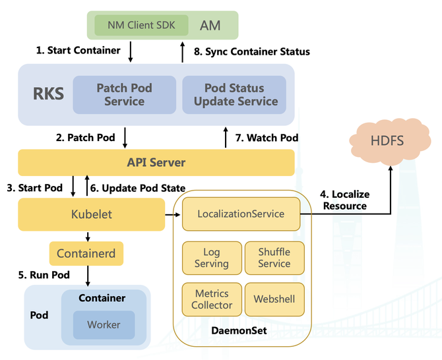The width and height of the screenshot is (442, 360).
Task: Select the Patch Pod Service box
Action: [x=124, y=94]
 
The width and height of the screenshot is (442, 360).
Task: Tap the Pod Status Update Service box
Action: [x=234, y=94]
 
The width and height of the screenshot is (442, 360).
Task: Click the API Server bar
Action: [x=156, y=162]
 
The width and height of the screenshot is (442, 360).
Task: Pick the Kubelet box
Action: [x=91, y=214]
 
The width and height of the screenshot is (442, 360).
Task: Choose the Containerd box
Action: [x=86, y=253]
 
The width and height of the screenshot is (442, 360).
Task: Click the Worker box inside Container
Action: [x=104, y=324]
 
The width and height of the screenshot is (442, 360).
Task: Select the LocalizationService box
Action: [x=241, y=214]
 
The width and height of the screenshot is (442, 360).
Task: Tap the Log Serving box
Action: [x=211, y=258]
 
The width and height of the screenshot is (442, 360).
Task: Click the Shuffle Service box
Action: [x=274, y=258]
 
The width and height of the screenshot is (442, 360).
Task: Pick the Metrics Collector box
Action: [x=211, y=299]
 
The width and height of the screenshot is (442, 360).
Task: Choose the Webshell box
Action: [x=274, y=299]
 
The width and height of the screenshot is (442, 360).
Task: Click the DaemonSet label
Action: [x=242, y=330]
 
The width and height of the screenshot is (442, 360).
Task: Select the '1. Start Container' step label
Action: [x=78, y=50]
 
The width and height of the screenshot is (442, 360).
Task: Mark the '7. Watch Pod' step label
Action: [x=267, y=138]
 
